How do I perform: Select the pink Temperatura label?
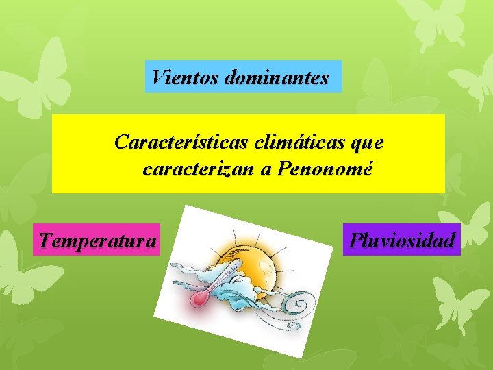(97, 240)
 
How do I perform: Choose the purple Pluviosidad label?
(402, 240)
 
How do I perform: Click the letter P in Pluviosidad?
(355, 240)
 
